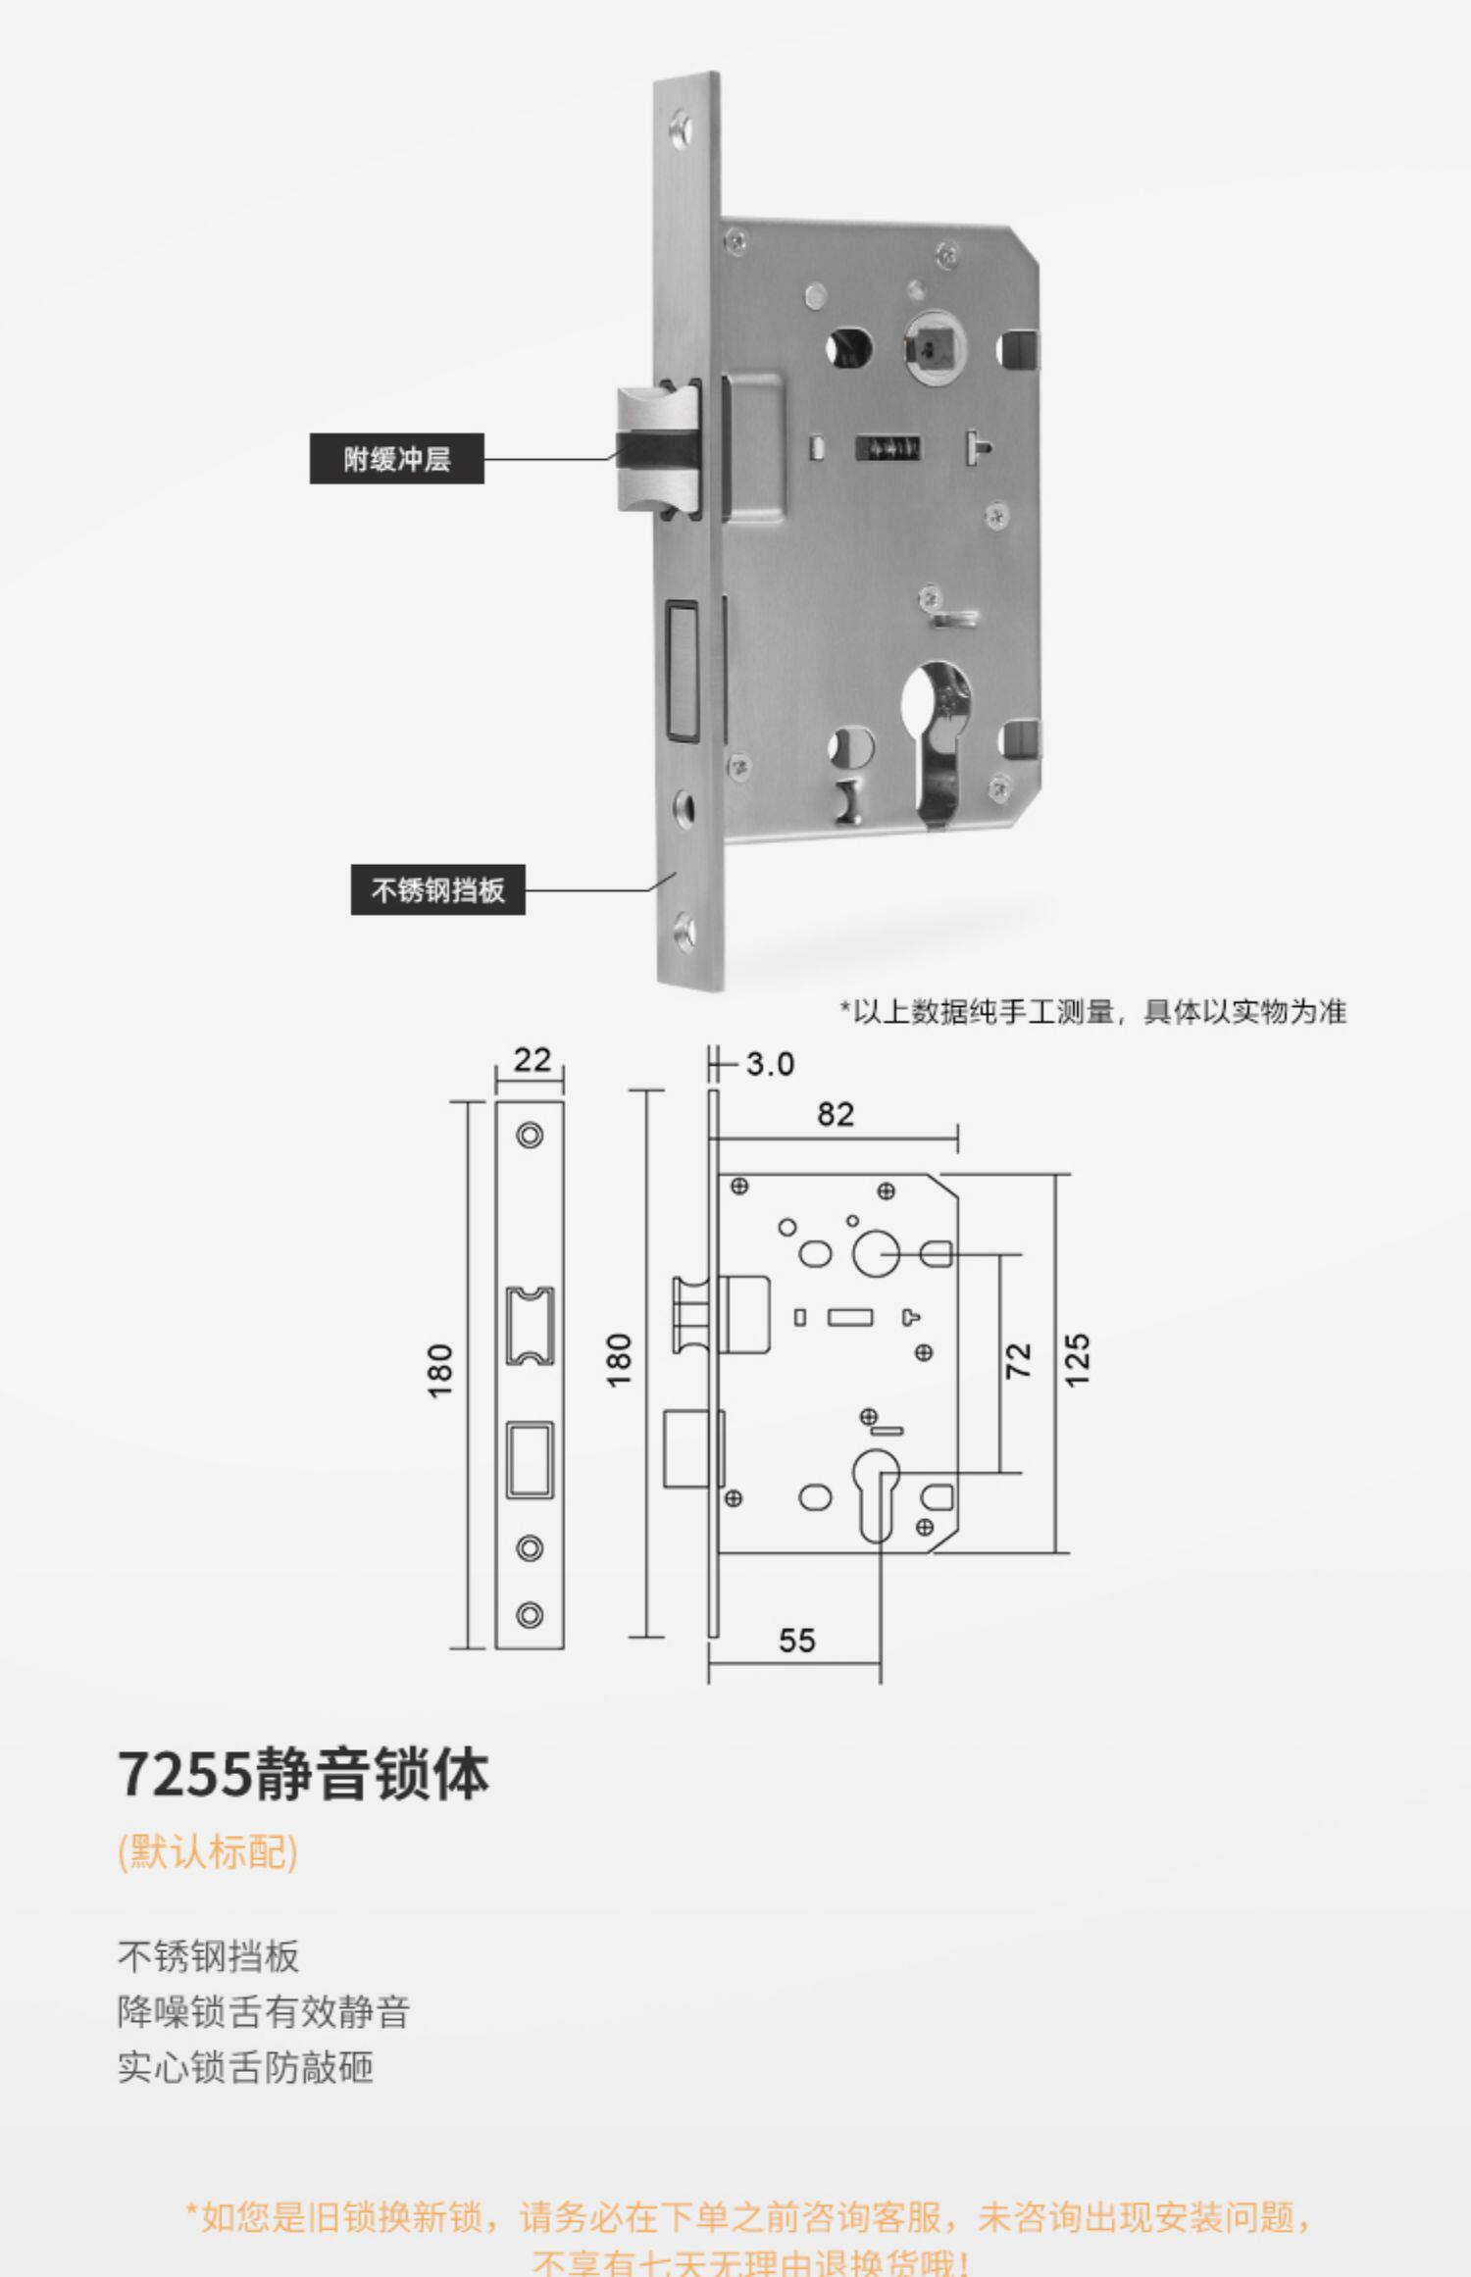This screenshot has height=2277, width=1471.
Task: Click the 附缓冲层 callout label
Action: pos(396,458)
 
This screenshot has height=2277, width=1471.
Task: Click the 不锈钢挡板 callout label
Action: pos(437,889)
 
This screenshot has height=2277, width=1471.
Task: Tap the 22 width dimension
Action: pos(532,1059)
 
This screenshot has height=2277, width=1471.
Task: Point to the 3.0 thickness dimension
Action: pos(770,1064)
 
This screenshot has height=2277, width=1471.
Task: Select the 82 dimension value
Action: pos(836,1114)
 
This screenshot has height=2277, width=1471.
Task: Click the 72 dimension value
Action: pos(1019,1360)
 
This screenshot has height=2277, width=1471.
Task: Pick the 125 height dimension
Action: pos(1078,1360)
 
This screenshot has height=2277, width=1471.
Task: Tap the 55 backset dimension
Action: pos(796,1641)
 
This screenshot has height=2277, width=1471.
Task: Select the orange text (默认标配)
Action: pos(207,1852)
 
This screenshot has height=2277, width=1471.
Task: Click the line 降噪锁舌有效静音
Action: pos(263,2012)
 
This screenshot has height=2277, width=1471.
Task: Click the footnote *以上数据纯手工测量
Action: pos(1092,1011)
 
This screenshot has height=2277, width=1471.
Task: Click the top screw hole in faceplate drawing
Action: pos(530,1136)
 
